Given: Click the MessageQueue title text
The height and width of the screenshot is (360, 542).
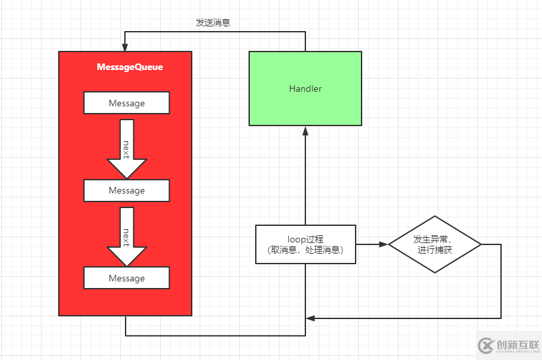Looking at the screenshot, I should (130, 67).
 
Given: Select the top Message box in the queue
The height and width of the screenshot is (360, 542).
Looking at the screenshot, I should (126, 103).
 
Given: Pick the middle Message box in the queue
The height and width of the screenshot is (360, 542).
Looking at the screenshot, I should (126, 190).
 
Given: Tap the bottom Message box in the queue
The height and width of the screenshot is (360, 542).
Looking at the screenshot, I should (126, 278).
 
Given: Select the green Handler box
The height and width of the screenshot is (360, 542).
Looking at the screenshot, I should (305, 89).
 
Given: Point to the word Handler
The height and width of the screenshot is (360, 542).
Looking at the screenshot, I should (305, 89).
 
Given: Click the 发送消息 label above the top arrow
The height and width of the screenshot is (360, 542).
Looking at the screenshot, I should (213, 22).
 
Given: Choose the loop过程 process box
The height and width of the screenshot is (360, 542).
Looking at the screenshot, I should (305, 244).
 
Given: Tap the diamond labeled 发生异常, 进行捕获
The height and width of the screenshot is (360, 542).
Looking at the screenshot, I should (434, 244).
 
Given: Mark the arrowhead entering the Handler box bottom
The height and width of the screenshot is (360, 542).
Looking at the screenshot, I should (305, 130).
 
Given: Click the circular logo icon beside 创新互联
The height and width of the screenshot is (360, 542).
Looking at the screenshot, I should (486, 345).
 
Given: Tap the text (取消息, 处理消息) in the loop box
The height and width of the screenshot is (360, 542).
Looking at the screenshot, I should (305, 250).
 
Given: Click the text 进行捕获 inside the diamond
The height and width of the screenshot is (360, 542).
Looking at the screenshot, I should (434, 250).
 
